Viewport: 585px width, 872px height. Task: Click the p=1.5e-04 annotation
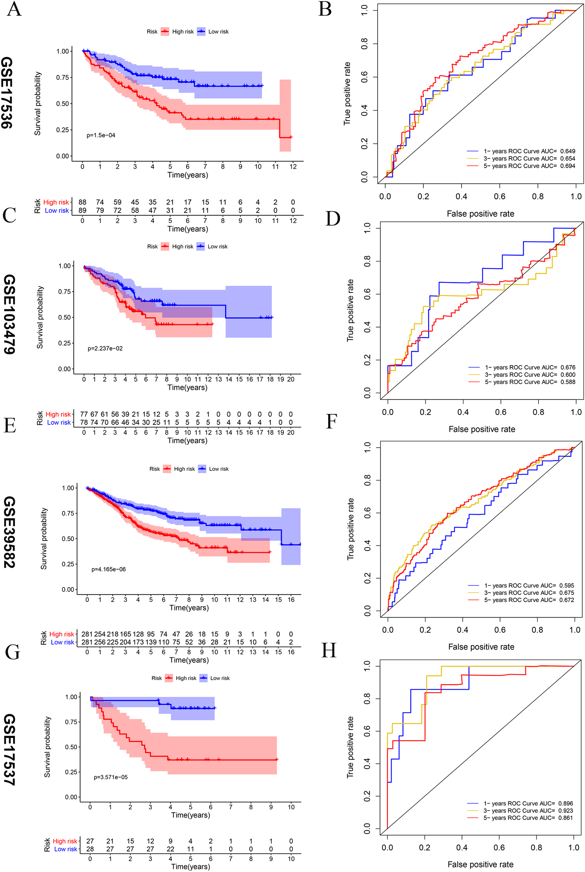tap(101, 135)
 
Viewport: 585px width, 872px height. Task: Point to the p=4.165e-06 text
tap(109, 569)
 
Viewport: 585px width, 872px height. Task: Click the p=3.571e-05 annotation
tap(110, 777)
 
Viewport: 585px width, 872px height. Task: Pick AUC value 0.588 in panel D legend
tap(568, 382)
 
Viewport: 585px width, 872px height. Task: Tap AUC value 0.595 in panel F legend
tap(566, 585)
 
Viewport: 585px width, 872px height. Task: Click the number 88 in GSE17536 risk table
tap(82, 202)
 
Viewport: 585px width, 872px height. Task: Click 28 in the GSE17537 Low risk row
tap(90, 849)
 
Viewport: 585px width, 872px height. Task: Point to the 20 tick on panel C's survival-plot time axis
tap(291, 379)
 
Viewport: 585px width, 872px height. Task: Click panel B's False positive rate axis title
tap(480, 214)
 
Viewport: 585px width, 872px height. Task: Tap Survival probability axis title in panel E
tap(44, 538)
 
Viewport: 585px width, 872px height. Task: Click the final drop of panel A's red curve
tap(280, 129)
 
